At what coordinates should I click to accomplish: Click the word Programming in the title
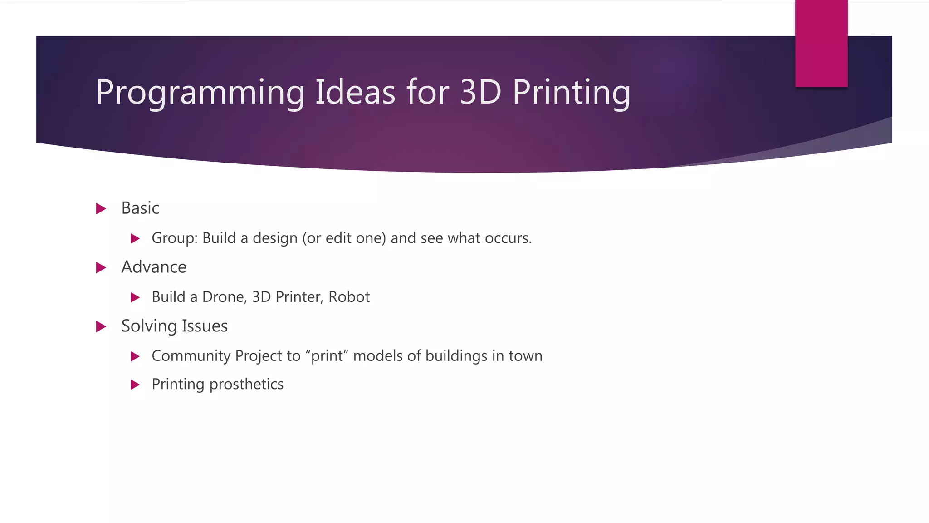click(200, 93)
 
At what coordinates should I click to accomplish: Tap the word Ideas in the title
click(355, 92)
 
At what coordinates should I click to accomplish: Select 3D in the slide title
click(480, 92)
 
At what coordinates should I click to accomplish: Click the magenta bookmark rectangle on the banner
click(821, 44)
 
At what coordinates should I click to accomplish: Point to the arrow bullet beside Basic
click(101, 209)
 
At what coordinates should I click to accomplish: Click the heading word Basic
click(140, 208)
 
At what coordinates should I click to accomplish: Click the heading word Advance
click(154, 267)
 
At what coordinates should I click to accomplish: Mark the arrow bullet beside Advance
click(101, 268)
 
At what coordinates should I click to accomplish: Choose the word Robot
click(349, 297)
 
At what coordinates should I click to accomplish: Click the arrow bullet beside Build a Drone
click(135, 298)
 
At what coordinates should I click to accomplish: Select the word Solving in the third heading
click(149, 326)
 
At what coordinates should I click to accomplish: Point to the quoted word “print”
click(326, 356)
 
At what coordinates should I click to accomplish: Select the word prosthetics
click(246, 385)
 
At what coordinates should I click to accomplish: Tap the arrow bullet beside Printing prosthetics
click(135, 385)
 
